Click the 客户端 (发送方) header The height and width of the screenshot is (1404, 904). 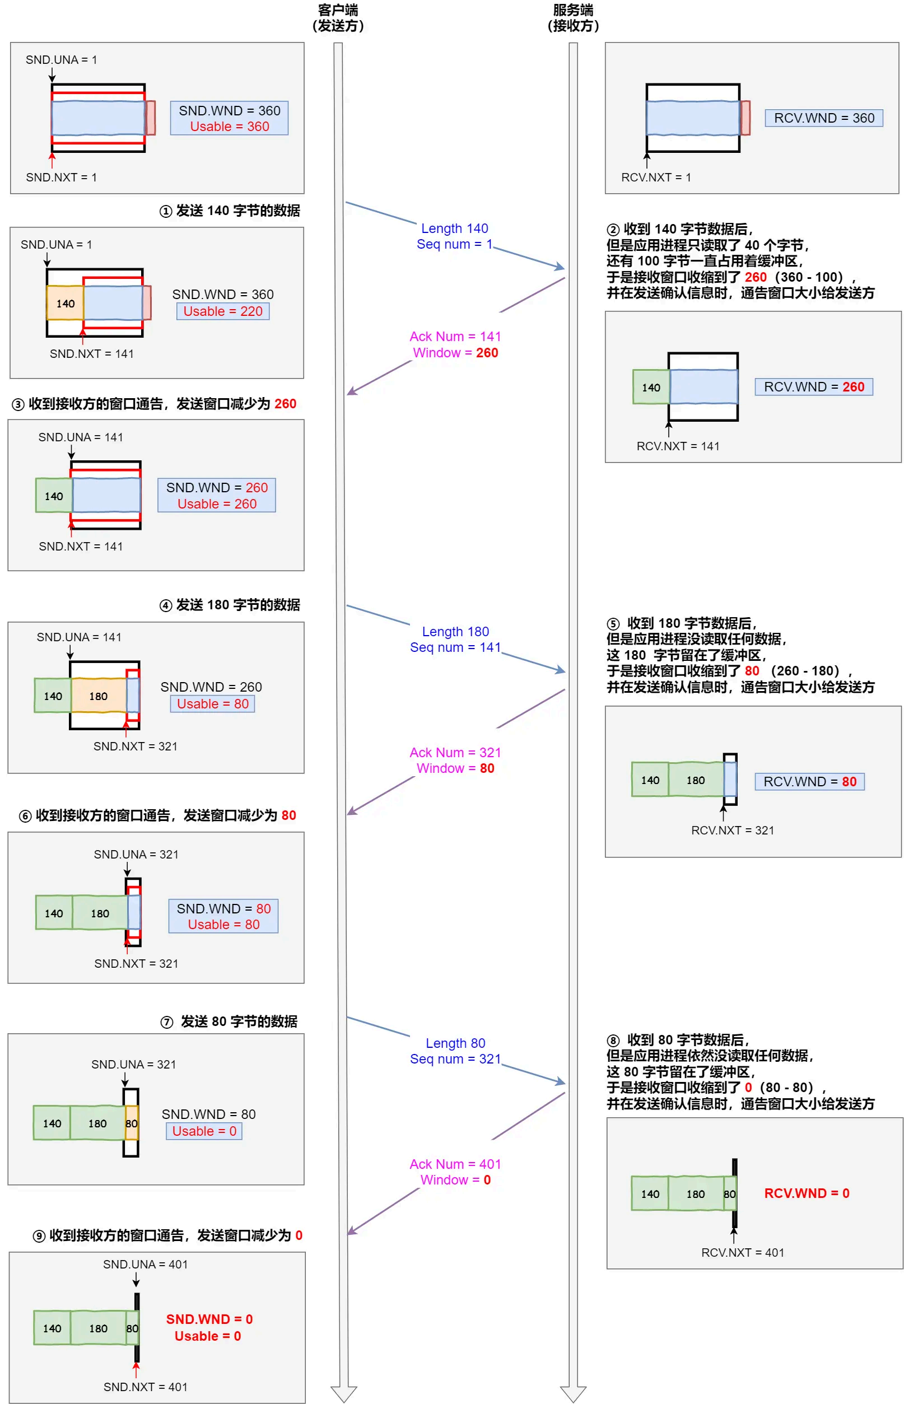tap(338, 17)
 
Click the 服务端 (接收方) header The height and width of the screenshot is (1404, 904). tap(573, 17)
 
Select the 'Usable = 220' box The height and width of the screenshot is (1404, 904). tap(222, 311)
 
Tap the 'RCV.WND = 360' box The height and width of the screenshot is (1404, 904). tap(823, 118)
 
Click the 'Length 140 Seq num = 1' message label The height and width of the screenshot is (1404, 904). tap(454, 236)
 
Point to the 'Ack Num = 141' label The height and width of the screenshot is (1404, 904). tap(455, 337)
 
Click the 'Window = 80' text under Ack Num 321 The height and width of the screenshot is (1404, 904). tap(455, 768)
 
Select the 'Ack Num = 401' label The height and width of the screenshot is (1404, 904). tap(455, 1164)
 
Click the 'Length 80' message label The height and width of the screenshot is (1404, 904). tap(455, 1043)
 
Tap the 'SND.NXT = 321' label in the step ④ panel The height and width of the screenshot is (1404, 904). tap(135, 746)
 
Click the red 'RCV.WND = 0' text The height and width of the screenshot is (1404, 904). tap(807, 1193)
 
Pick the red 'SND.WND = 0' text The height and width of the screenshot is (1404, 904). tap(209, 1319)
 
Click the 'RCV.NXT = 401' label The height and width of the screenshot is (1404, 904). tap(742, 1253)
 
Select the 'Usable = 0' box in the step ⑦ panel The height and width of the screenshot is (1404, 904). tap(204, 1131)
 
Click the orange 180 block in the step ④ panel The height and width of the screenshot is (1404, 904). tap(98, 696)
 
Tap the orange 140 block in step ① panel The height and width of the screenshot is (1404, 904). tap(65, 304)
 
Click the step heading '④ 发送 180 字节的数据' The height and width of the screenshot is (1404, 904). tap(230, 605)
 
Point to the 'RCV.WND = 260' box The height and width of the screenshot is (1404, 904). tap(814, 387)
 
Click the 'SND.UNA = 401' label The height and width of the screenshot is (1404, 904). tap(145, 1265)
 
